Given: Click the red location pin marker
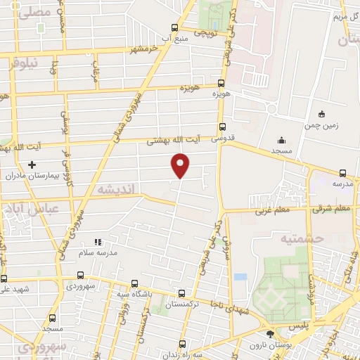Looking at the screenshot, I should [x=181, y=165].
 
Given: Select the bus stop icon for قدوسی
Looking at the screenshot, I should [x=223, y=127].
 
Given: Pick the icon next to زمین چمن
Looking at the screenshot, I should [x=322, y=114].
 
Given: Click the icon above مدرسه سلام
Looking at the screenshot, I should [x=98, y=240].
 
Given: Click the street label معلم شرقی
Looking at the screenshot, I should [x=331, y=208].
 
